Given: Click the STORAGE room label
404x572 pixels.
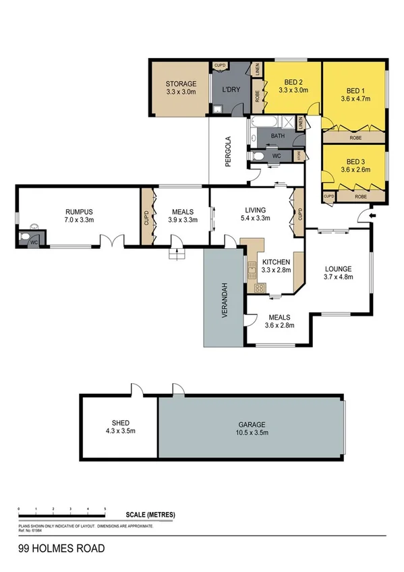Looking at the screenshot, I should tap(180, 84).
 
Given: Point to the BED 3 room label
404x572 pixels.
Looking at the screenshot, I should tap(354, 162).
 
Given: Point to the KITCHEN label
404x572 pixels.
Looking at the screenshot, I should tap(276, 262).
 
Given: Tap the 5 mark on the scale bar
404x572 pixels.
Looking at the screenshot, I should tap(105, 507).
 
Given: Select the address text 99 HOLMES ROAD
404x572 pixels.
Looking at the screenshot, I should tap(61, 549).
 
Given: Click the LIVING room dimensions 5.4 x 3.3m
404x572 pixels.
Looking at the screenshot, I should tap(255, 218).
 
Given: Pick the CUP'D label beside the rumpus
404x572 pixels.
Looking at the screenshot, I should tap(146, 218).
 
